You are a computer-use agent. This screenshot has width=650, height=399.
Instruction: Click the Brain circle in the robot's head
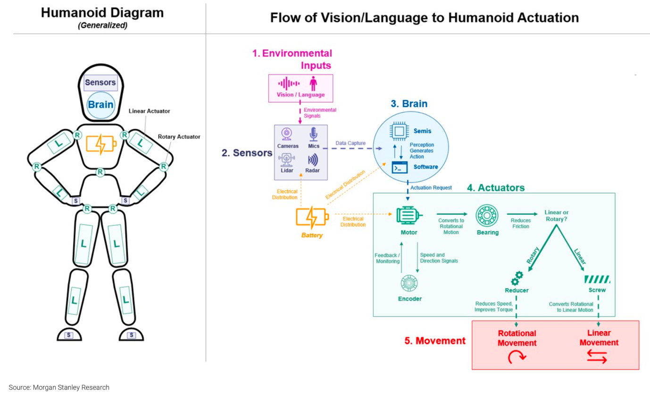tap(100, 104)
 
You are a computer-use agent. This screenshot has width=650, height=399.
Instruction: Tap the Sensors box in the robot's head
tap(100, 82)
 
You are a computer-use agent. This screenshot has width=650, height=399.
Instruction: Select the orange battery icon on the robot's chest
tap(100, 144)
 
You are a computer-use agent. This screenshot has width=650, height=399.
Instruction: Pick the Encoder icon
tap(409, 284)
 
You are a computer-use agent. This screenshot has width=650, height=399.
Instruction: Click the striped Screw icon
tap(597, 279)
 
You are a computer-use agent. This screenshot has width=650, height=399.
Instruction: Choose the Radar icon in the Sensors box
tap(313, 160)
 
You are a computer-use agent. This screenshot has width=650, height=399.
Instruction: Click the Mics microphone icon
tap(313, 135)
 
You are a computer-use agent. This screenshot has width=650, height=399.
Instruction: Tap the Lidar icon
tap(287, 160)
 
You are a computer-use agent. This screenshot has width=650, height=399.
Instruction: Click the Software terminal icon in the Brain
tap(400, 167)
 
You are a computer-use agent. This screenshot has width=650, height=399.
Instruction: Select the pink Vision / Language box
tap(300, 88)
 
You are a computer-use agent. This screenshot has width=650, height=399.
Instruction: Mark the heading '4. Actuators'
tap(495, 187)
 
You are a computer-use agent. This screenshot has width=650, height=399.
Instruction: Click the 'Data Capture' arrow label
tap(350, 142)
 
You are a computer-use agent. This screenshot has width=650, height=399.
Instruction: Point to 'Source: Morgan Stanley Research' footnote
tap(59, 387)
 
